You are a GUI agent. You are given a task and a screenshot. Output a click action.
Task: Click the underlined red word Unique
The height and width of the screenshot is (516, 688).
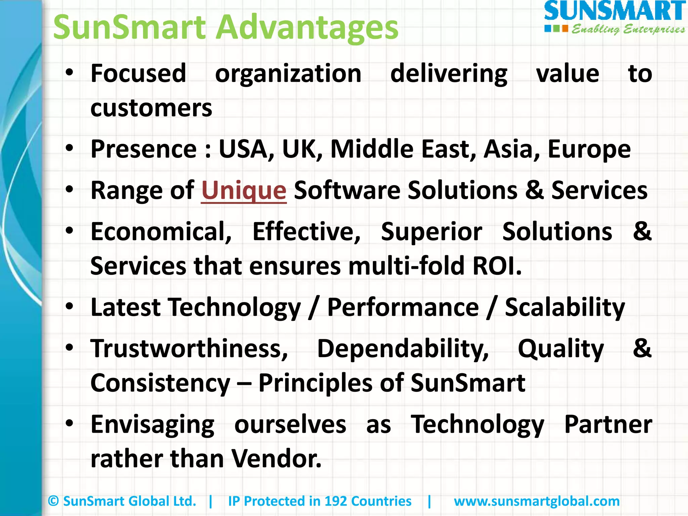coord(244,190)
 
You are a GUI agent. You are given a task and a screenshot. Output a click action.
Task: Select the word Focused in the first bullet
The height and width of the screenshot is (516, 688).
coord(138,73)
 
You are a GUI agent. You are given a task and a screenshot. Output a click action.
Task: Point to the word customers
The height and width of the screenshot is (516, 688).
coord(151,108)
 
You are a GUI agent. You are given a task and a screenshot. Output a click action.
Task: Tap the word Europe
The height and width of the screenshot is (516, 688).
coord(589,149)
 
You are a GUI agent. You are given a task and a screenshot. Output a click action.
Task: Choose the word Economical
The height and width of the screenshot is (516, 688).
coord(161,231)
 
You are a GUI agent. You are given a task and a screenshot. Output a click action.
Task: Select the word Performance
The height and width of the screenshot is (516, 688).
coord(403,307)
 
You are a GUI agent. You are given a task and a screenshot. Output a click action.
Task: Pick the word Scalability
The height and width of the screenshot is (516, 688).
coord(565,307)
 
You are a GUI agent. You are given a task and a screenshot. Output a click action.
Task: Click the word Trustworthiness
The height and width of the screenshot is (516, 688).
coord(189,348)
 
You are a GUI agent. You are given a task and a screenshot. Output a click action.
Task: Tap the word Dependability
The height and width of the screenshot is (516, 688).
coord(403,348)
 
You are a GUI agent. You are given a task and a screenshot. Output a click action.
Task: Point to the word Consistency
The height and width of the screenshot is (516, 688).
coord(160,383)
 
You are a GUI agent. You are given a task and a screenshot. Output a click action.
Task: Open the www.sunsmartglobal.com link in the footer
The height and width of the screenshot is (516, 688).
coord(536,501)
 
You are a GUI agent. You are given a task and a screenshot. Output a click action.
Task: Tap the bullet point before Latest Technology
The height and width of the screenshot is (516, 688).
coord(70,306)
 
